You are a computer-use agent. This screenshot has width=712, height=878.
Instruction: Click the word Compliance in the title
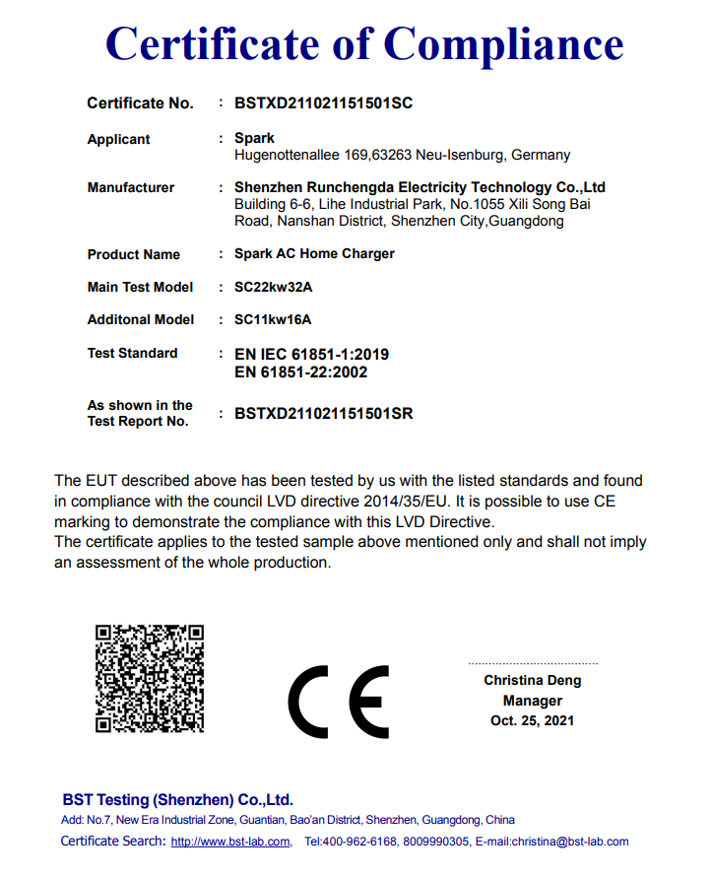click(503, 43)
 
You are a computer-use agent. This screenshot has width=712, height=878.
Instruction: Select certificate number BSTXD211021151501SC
click(323, 103)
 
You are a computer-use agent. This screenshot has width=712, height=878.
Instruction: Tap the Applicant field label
click(118, 140)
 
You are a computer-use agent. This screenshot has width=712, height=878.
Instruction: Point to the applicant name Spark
click(254, 139)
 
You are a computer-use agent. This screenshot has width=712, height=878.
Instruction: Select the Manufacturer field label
click(130, 188)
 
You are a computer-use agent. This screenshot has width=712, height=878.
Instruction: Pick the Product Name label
click(133, 254)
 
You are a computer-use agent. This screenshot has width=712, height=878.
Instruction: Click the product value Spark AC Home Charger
click(314, 253)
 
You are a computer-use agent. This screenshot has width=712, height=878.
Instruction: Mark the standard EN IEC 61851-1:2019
click(311, 354)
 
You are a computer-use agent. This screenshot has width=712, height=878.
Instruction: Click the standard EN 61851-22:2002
click(300, 371)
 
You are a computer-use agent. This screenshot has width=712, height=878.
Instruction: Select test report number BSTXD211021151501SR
click(323, 414)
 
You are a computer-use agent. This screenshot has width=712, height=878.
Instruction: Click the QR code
click(150, 678)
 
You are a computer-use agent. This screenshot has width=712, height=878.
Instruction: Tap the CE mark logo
click(338, 701)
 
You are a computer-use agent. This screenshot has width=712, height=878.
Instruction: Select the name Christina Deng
click(532, 681)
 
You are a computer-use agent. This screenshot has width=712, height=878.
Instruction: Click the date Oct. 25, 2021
click(532, 720)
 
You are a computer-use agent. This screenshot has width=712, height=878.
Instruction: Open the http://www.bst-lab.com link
click(230, 842)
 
